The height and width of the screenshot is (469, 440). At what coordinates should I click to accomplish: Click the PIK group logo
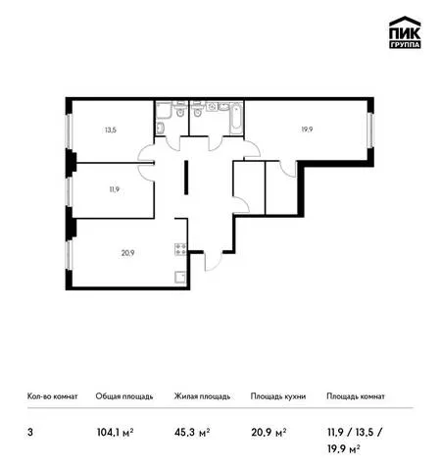[405, 32]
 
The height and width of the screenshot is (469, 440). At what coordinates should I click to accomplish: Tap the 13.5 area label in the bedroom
[111, 130]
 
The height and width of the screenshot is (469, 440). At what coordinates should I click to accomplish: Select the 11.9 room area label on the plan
[114, 189]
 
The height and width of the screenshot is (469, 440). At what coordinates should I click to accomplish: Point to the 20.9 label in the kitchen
[127, 253]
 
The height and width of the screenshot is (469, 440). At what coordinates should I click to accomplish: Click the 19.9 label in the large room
[307, 130]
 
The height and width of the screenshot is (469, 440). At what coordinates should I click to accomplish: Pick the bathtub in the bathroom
[236, 118]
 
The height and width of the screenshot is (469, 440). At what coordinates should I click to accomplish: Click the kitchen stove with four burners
[180, 249]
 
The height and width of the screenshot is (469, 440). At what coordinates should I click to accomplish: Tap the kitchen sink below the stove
[180, 278]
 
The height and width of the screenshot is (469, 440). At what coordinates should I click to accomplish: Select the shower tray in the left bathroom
[164, 110]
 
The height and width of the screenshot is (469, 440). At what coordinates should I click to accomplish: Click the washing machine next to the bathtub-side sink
[212, 106]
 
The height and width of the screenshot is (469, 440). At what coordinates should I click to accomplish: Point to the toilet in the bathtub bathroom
[197, 109]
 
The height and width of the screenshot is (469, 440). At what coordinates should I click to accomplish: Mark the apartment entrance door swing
[213, 261]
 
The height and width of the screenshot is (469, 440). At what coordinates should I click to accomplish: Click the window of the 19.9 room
[370, 130]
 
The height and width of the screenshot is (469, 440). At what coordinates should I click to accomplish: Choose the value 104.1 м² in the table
[116, 433]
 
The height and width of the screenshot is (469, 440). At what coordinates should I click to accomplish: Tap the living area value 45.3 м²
[192, 433]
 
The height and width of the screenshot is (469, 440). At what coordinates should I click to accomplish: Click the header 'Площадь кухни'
[278, 396]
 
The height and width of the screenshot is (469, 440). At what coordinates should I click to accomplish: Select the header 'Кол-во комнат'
[52, 396]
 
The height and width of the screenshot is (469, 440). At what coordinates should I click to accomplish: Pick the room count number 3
[30, 433]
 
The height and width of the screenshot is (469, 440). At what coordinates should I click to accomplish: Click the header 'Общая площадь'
[124, 396]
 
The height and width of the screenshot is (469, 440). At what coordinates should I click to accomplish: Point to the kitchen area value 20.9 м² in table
[269, 433]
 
